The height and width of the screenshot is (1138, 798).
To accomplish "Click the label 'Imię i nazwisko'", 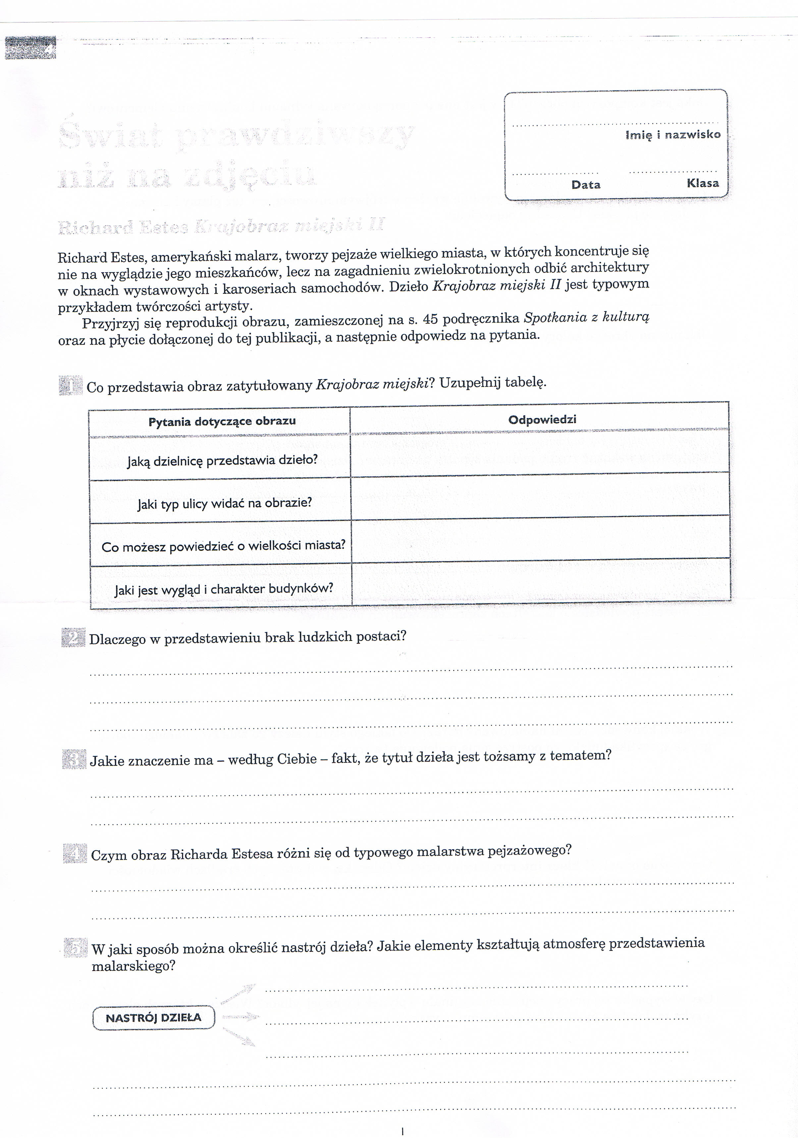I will (x=672, y=135).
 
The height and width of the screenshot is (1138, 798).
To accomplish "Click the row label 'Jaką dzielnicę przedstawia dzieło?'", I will (x=222, y=460).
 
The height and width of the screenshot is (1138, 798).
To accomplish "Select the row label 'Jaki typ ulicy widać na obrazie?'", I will (x=225, y=503).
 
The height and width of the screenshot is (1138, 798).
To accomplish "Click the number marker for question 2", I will (x=73, y=638).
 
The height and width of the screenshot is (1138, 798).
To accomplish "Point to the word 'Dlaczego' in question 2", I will (x=118, y=640).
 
